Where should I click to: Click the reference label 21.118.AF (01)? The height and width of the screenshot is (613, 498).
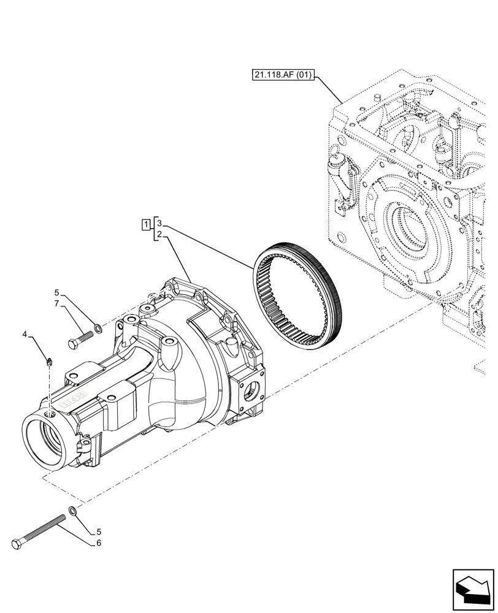pyautogui.click(x=283, y=75)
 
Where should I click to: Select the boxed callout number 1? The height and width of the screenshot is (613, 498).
pyautogui.click(x=145, y=224)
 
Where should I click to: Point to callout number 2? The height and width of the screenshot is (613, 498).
pyautogui.click(x=159, y=234)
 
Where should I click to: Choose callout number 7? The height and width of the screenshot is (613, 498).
pyautogui.click(x=56, y=303)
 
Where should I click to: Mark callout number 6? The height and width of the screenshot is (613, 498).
pyautogui.click(x=98, y=543)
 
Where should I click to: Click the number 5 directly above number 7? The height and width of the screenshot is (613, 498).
pyautogui.click(x=56, y=292)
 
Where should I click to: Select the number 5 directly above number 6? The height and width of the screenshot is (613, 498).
pyautogui.click(x=98, y=532)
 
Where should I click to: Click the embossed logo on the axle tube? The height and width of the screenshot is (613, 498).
pyautogui.click(x=74, y=401)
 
